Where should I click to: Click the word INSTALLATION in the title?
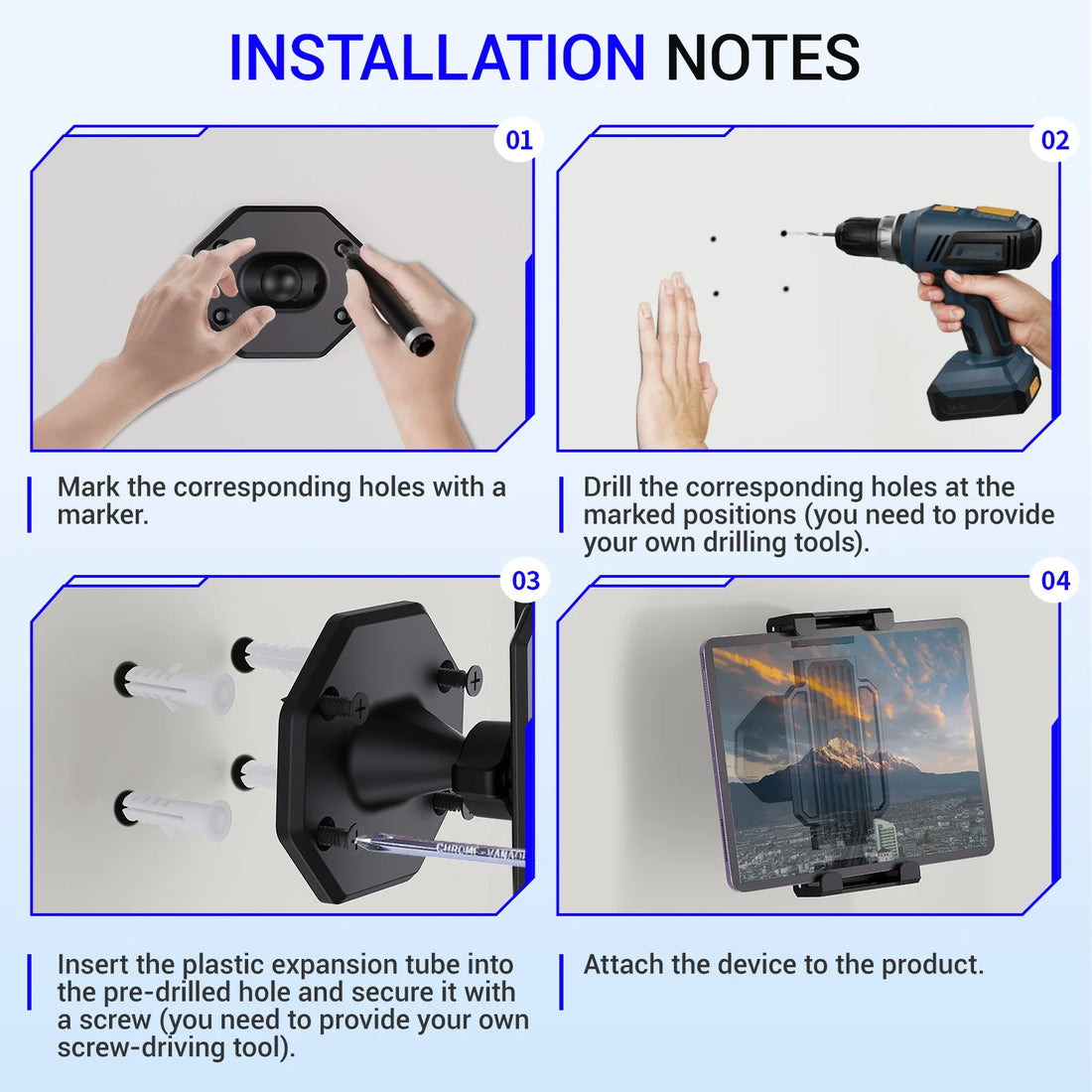click(x=437, y=58)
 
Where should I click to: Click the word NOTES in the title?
click(x=762, y=58)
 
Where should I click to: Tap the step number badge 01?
click(x=519, y=140)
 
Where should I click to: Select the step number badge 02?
click(x=1055, y=140)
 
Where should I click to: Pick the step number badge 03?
click(x=526, y=581)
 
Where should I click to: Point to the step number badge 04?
click(x=1056, y=581)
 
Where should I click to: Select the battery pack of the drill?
click(x=983, y=387)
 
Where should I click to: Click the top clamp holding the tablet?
click(x=830, y=623)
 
